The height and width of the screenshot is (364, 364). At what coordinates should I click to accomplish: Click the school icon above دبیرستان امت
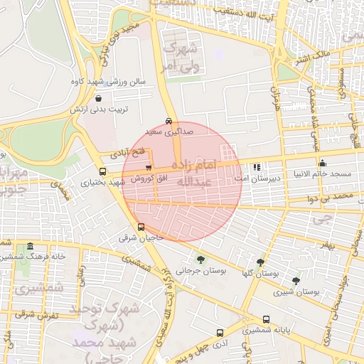(x=256, y=168)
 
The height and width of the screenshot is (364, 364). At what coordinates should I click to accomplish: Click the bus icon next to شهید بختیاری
(x=103, y=171)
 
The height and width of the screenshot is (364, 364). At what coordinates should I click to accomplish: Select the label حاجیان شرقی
(x=141, y=238)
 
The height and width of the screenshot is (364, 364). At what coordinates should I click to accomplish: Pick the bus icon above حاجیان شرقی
(x=141, y=227)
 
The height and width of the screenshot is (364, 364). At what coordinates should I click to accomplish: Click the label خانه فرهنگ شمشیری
(x=33, y=257)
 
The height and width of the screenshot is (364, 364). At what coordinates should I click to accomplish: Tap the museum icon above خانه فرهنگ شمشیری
(x=29, y=246)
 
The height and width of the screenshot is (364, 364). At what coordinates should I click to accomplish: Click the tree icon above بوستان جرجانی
(x=200, y=259)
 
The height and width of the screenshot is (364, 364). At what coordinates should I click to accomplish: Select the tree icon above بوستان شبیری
(x=296, y=281)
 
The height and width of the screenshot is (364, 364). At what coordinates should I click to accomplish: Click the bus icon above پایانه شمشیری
(x=266, y=319)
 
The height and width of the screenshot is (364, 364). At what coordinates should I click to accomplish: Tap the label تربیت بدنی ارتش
(x=98, y=109)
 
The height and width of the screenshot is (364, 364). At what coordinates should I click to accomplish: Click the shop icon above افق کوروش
(x=148, y=168)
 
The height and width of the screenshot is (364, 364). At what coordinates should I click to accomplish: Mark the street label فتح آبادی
(x=127, y=152)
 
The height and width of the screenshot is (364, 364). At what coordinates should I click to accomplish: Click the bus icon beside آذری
(x=219, y=332)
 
